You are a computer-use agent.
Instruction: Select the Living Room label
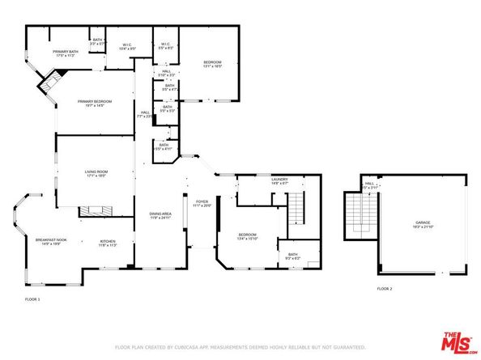[97, 173]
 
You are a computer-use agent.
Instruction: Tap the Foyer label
[202, 203]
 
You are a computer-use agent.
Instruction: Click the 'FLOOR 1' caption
[32, 299]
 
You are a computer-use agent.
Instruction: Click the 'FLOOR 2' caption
[384, 288]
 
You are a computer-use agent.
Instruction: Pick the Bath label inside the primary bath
[97, 41]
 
